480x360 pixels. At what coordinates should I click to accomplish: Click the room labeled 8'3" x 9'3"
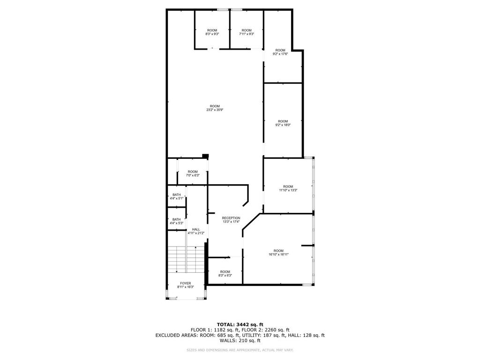pos(212,32)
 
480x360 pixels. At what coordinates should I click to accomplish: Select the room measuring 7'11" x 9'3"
pos(246,32)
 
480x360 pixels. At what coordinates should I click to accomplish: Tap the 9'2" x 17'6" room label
pos(280,52)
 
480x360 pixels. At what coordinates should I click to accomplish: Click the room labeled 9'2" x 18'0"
pos(283,123)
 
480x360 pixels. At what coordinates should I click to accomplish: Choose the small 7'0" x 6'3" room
pos(193,173)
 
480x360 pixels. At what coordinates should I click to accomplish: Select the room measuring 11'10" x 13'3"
pos(288,188)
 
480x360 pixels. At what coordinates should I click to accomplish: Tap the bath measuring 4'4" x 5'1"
pos(176,196)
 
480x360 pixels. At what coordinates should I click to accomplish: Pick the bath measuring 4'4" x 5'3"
pos(176,221)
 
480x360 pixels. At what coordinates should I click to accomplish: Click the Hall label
pos(196,231)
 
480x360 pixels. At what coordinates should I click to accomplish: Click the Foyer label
pos(186,285)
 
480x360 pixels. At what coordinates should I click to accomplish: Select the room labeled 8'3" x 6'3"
pos(225,273)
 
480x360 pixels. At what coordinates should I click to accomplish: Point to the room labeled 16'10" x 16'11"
pos(278,252)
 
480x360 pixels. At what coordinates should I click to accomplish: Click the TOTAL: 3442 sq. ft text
pos(240,324)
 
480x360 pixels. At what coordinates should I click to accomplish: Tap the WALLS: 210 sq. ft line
pos(240,341)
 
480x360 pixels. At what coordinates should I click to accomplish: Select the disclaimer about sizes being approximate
pos(240,350)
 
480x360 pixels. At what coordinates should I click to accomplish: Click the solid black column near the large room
pos(205,156)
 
